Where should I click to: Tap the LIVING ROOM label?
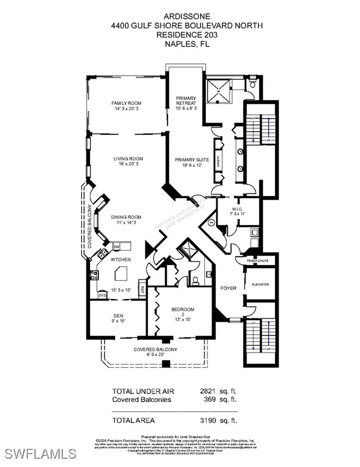[129, 159]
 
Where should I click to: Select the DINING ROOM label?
[126, 217]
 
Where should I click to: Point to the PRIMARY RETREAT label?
[186, 100]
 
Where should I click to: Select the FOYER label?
[228, 288]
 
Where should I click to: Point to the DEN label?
[119, 315]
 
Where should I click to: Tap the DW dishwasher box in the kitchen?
[117, 247]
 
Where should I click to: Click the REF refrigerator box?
[142, 289]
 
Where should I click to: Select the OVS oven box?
[103, 296]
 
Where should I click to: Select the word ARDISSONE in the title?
[180, 19]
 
